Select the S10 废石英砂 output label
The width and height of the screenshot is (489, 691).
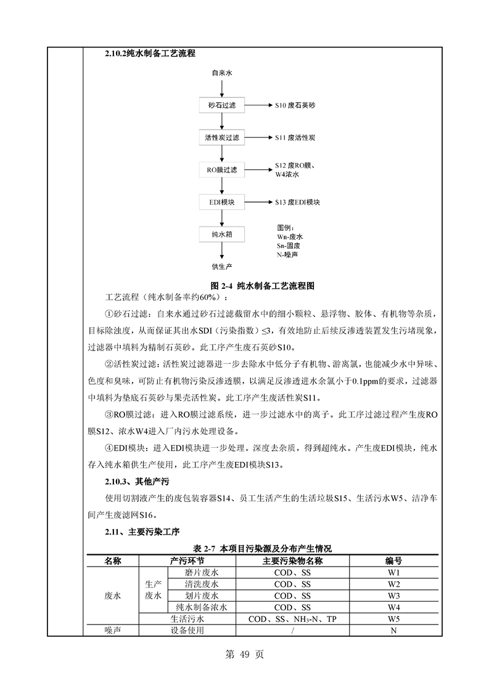295,106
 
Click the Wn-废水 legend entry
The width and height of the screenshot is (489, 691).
290,236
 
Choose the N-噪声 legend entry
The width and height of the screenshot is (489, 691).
287,254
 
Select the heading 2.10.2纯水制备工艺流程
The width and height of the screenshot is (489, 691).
150,54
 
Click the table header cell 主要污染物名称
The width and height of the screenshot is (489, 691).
292,561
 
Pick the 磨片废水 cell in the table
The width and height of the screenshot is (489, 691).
202,573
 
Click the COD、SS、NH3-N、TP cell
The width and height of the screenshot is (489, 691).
292,619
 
